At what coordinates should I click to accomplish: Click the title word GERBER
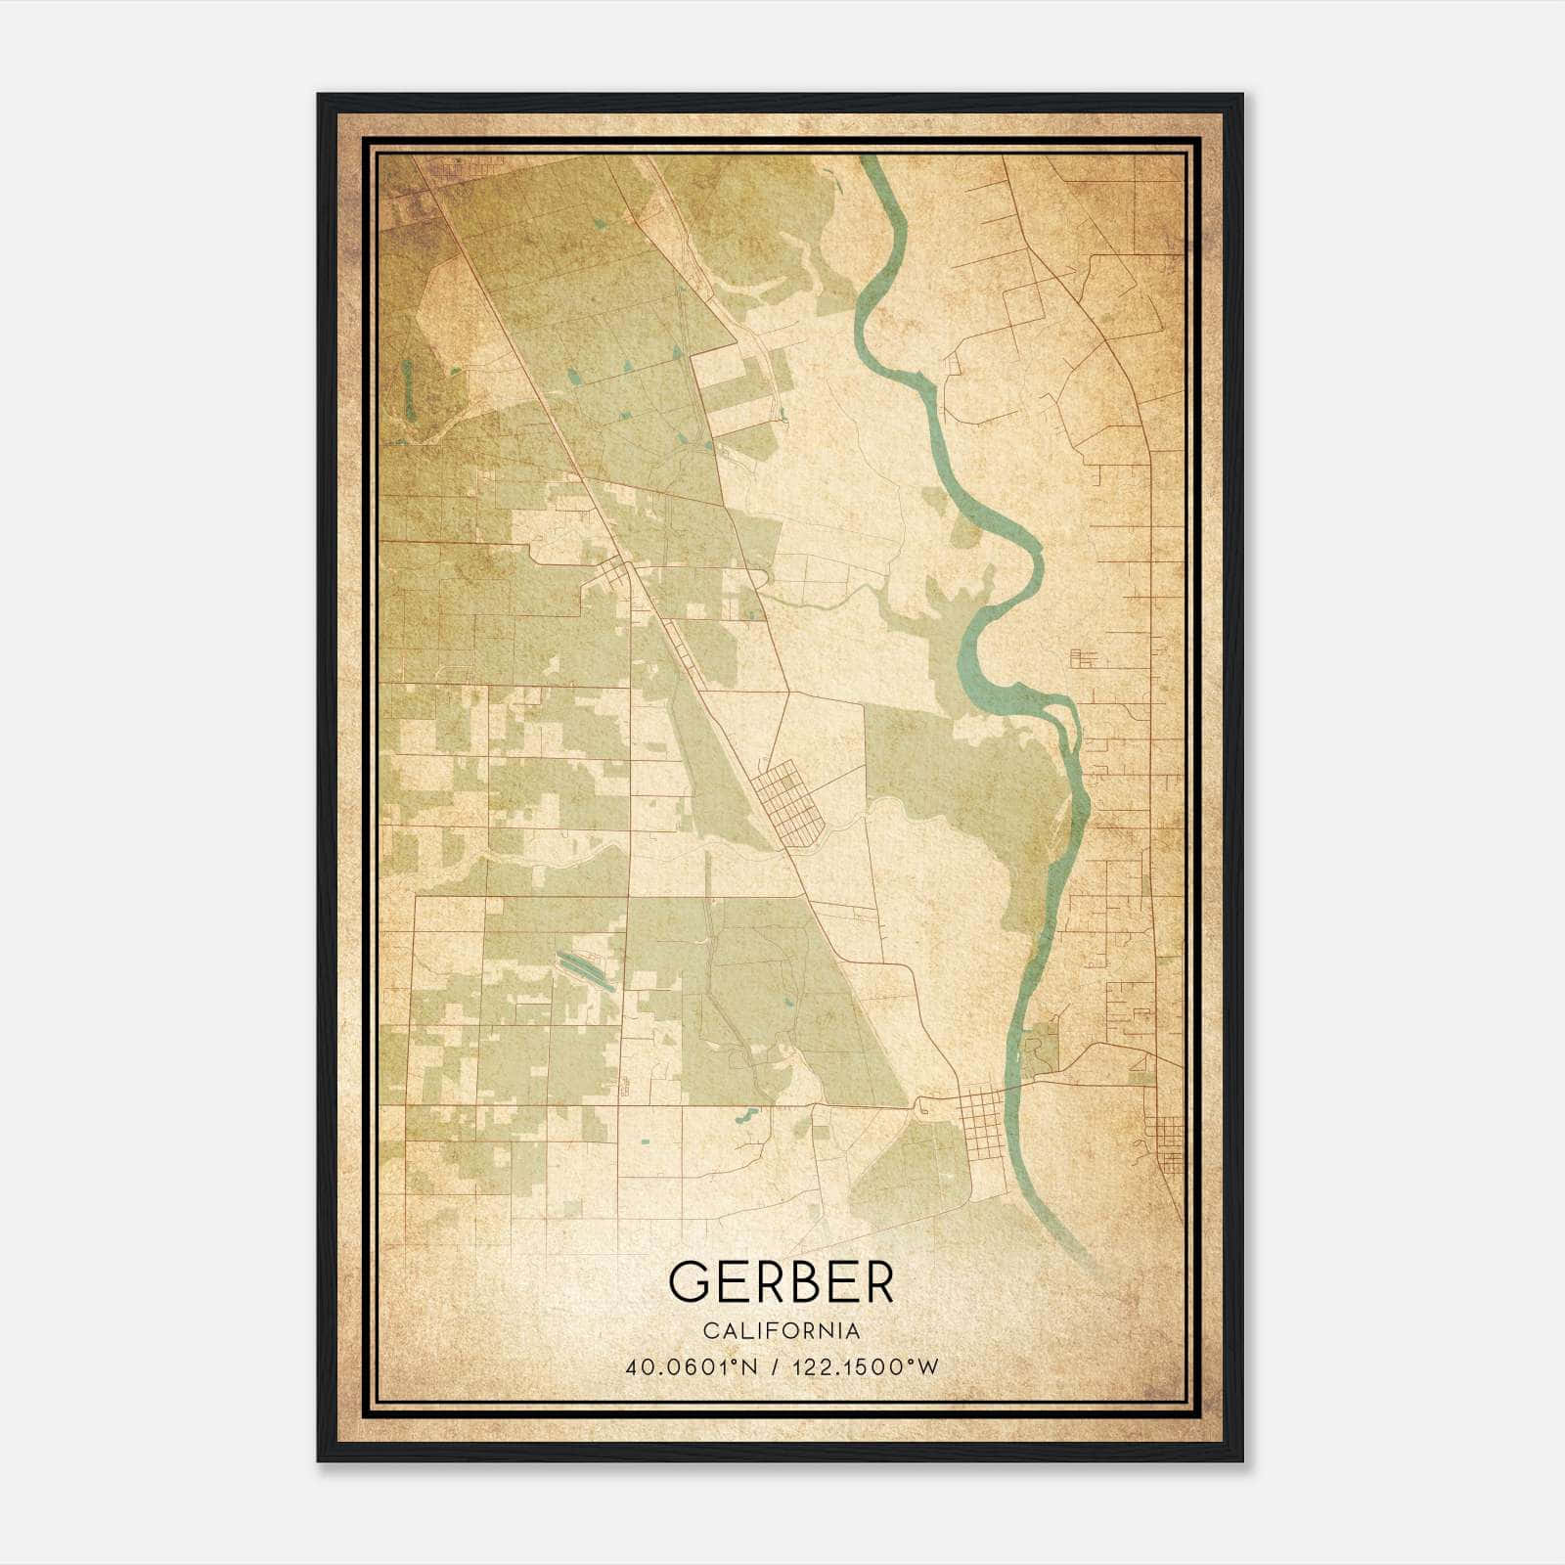click(782, 1281)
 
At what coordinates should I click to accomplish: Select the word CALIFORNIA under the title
click(782, 1331)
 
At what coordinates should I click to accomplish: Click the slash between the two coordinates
click(777, 1367)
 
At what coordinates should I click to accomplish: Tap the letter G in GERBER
click(691, 1281)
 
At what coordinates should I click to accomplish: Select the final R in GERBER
click(877, 1281)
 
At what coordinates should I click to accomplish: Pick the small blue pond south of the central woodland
click(745, 1115)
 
